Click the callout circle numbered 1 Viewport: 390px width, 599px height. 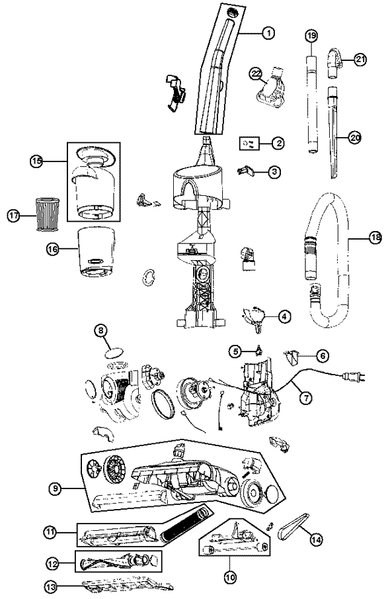268,33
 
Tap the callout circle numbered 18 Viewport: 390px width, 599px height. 375,238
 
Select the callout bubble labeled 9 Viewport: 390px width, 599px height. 56,488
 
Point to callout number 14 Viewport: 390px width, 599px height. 315,539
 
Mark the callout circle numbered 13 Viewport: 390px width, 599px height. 52,586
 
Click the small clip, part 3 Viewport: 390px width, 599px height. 244,170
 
